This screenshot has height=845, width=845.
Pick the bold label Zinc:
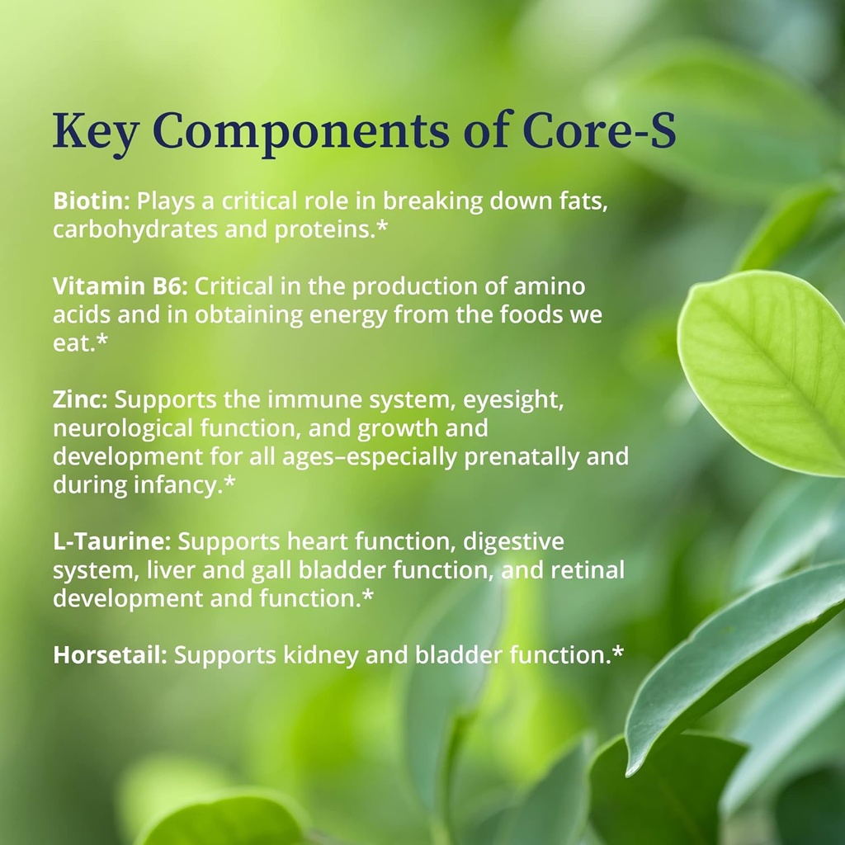coord(80,400)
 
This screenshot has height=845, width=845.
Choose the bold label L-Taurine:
coord(112,541)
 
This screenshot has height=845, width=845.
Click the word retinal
coord(587,569)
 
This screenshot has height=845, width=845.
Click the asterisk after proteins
coord(380,228)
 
